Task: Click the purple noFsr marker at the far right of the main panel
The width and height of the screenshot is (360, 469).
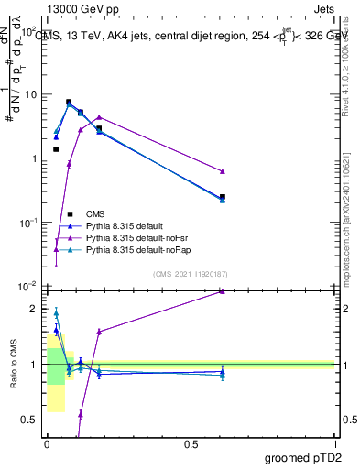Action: (223, 171)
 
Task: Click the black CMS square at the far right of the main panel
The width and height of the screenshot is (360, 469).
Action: (223, 197)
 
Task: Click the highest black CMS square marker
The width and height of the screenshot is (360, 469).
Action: (69, 103)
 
